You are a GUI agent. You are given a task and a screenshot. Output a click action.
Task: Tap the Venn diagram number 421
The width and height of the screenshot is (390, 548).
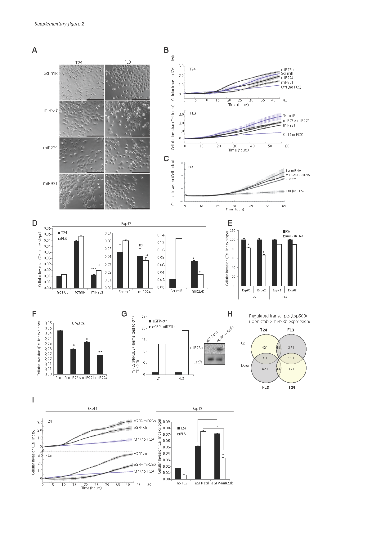click(265, 348)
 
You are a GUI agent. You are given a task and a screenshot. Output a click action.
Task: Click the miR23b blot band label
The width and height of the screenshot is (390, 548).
click(196, 348)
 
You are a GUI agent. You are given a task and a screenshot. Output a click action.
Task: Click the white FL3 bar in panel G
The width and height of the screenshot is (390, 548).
click(185, 352)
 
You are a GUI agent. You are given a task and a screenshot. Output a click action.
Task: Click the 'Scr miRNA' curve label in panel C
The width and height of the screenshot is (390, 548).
click(293, 170)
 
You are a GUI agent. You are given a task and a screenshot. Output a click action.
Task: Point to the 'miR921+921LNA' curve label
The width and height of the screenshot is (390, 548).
click(298, 175)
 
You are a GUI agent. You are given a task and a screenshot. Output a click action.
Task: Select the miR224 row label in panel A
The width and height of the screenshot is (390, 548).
click(51, 148)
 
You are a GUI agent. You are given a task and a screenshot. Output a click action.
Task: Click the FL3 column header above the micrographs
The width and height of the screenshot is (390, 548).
click(127, 62)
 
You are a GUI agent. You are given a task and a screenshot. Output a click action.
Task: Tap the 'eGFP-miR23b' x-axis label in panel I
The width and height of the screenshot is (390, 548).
click(222, 483)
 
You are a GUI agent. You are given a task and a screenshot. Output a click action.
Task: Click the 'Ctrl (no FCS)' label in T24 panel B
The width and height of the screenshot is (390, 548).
click(291, 87)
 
